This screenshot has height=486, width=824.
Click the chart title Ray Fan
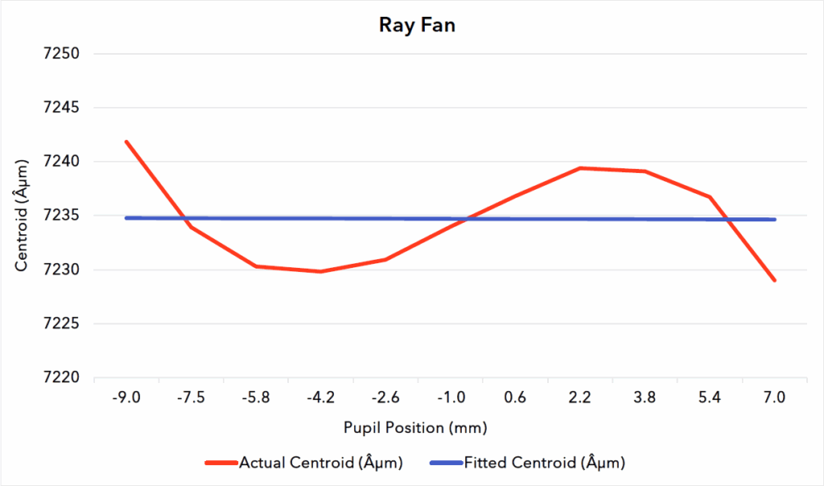(x=417, y=25)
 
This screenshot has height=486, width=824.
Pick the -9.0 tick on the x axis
(x=127, y=397)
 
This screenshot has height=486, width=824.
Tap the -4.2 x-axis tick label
(x=321, y=397)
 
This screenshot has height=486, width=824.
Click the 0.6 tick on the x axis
(x=515, y=397)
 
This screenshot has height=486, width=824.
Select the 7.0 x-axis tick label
(x=774, y=397)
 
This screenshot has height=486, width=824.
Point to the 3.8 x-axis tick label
(x=645, y=397)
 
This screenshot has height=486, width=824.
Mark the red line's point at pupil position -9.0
(x=127, y=142)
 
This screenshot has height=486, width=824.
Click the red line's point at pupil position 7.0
(x=774, y=280)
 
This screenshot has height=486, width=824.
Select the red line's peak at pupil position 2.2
(x=580, y=168)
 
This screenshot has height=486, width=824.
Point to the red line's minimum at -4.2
(x=321, y=271)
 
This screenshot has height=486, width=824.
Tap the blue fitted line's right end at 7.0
(x=774, y=219)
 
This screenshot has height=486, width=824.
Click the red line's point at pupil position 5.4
(x=709, y=196)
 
